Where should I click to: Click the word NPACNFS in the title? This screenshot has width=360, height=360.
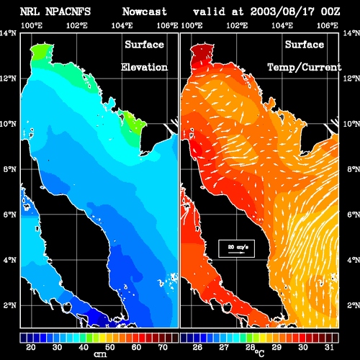tap(68, 12)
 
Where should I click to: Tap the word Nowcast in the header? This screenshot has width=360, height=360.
tap(145, 12)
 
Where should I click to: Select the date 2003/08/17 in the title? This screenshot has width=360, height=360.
tap(282, 12)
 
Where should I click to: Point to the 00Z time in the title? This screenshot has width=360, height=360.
tap(330, 12)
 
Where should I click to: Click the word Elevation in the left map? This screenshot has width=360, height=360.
tap(144, 67)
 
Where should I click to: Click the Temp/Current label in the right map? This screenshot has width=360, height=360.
tap(305, 68)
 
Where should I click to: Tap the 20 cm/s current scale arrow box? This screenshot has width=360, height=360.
tap(236, 248)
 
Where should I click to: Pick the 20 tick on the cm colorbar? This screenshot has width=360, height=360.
tap(31, 347)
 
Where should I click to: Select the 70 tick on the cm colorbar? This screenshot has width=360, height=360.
tap(163, 347)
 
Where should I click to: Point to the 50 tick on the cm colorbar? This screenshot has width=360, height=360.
tap(110, 347)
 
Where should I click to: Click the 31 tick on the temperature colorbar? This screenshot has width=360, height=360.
tap(329, 347)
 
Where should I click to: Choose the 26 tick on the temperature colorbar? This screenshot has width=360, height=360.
tap(197, 347)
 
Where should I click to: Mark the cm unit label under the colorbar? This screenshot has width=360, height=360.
tap(100, 354)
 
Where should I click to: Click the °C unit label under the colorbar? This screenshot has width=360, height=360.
tap(260, 354)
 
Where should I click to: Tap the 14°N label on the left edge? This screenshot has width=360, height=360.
tap(8, 33)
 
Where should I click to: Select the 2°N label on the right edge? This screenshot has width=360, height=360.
tap(354, 305)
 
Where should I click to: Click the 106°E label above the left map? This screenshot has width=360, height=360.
tap(167, 25)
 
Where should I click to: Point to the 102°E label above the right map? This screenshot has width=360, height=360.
tap(237, 25)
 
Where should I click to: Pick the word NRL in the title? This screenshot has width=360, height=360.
tap(30, 12)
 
